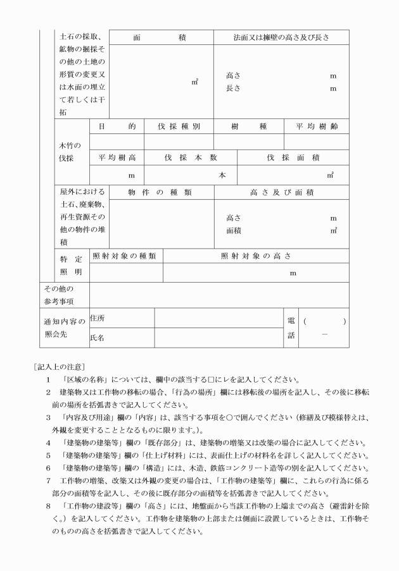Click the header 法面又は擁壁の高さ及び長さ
click(x=281, y=37)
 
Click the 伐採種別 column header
click(x=179, y=126)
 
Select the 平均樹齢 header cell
click(x=317, y=126)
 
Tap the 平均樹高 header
click(x=117, y=157)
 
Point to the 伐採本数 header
click(x=191, y=157)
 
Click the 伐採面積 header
click(x=293, y=157)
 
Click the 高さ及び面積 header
click(x=281, y=192)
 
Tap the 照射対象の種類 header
click(x=125, y=256)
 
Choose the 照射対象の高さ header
click(x=256, y=256)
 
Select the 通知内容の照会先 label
click(x=62, y=328)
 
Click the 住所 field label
click(x=98, y=317)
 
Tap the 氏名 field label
click(x=98, y=338)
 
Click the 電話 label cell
click(x=291, y=328)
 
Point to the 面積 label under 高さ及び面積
click(x=234, y=231)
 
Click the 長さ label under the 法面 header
click(x=233, y=89)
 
